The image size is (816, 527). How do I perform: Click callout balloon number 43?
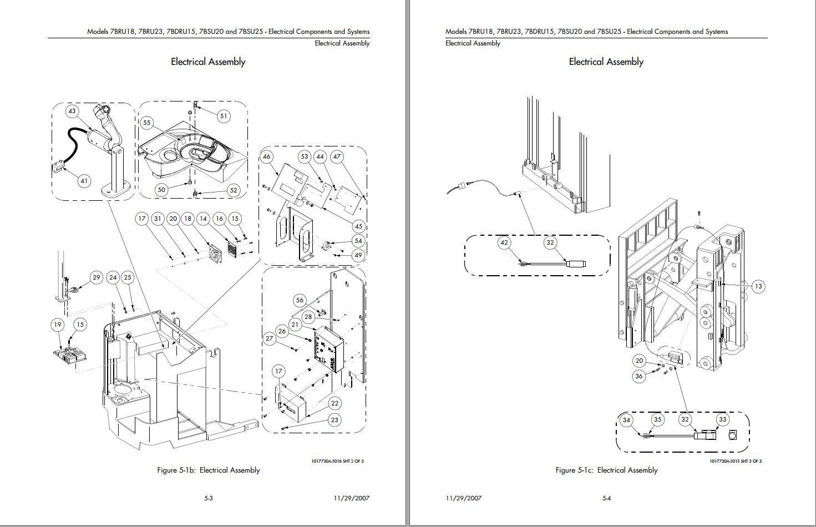click(x=72, y=111)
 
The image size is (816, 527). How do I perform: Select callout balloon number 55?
click(x=146, y=123)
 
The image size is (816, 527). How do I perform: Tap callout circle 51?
click(x=224, y=116)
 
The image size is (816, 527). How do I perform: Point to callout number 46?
click(x=267, y=156)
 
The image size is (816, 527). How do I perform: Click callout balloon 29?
click(x=97, y=277)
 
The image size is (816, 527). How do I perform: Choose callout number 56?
click(x=300, y=300)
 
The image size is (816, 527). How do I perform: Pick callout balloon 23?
click(x=334, y=420)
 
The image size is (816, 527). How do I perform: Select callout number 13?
click(x=758, y=286)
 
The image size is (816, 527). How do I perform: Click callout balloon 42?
click(x=504, y=242)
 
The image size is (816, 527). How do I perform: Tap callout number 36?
click(x=639, y=376)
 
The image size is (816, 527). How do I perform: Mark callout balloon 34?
click(x=626, y=420)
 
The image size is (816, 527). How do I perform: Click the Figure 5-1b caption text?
click(x=208, y=470)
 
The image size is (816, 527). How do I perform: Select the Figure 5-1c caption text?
click(x=606, y=470)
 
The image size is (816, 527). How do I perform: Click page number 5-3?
click(x=209, y=498)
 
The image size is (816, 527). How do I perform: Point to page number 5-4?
click(x=606, y=498)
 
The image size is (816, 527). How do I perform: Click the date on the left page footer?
click(x=352, y=498)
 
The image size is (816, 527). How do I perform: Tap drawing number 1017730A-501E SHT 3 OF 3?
click(x=736, y=461)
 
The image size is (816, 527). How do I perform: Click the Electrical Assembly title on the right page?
click(x=606, y=62)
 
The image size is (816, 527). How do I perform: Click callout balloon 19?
click(x=58, y=325)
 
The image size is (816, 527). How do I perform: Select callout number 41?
click(x=84, y=180)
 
